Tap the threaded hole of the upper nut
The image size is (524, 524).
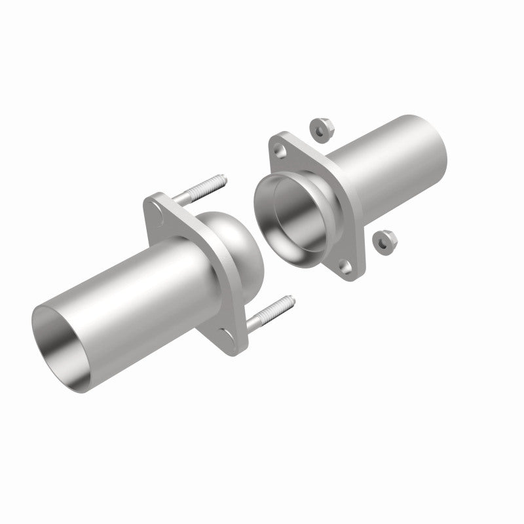pos(320,129)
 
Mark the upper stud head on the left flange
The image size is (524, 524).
pos(157,211)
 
